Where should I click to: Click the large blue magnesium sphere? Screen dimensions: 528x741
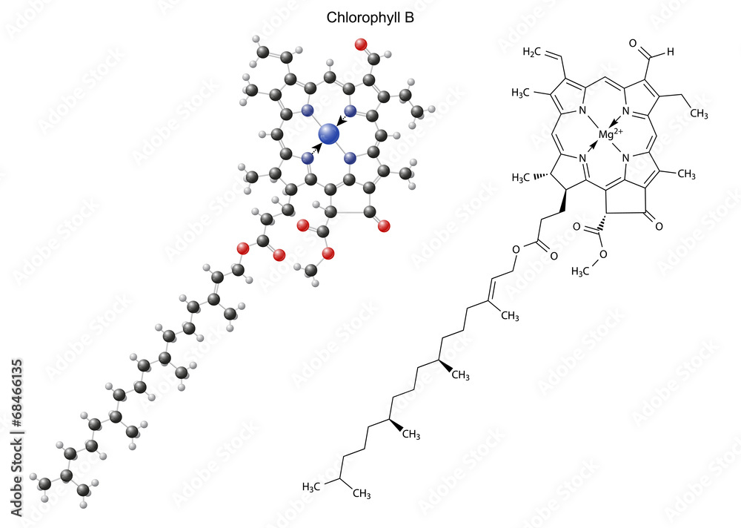pyautogui.click(x=328, y=134)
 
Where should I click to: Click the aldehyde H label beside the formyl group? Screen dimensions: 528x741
pyautogui.click(x=669, y=52)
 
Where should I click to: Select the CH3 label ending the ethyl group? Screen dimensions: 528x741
pyautogui.click(x=698, y=113)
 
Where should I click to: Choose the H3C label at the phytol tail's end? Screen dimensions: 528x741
pyautogui.click(x=313, y=486)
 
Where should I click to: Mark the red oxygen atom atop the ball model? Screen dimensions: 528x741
pyautogui.click(x=362, y=43)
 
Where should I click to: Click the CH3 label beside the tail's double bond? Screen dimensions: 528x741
pyautogui.click(x=508, y=317)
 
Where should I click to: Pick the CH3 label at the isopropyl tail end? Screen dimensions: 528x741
pyautogui.click(x=360, y=493)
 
